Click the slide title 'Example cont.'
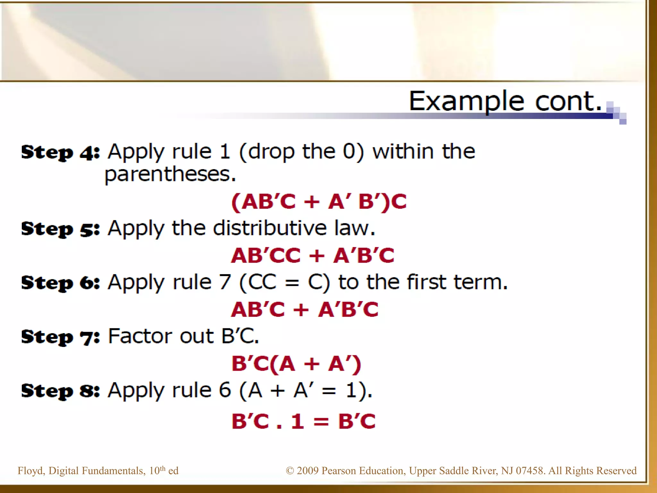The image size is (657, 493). (505, 101)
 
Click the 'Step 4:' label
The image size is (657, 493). (60, 152)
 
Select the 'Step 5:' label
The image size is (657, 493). (60, 229)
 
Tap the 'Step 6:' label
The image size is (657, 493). (60, 283)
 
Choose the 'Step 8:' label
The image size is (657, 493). (60, 391)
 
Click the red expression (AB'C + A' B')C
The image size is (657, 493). (319, 202)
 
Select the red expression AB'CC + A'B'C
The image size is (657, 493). (312, 256)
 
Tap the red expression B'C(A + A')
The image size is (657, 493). (296, 364)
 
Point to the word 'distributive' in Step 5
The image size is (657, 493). (269, 228)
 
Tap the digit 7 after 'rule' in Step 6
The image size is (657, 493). (225, 282)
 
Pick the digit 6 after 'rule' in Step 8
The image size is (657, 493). (225, 390)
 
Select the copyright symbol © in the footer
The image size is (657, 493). (290, 471)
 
